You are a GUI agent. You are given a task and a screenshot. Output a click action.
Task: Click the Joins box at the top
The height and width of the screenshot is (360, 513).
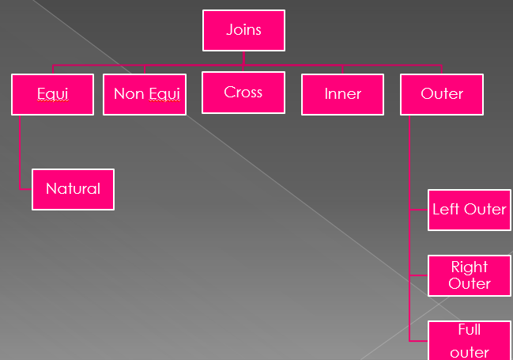click(x=243, y=31)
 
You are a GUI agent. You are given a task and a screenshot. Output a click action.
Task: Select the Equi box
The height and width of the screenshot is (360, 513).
click(x=52, y=94)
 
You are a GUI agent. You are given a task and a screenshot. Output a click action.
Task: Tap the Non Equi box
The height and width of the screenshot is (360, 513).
click(x=145, y=94)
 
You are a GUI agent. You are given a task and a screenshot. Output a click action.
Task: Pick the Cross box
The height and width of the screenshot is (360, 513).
click(x=243, y=93)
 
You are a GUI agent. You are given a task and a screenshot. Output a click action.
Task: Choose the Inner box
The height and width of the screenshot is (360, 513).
click(x=342, y=94)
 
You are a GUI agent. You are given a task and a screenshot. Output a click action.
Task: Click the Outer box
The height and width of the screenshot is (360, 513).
click(x=441, y=94)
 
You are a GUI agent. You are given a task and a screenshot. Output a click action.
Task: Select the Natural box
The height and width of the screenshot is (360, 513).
click(x=73, y=189)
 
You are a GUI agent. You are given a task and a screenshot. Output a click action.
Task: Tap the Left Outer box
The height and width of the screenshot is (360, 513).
click(x=469, y=210)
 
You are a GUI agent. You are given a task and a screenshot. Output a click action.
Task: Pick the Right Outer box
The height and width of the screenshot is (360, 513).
click(x=469, y=275)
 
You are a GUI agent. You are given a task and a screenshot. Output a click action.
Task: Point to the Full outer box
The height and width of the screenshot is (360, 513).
click(x=469, y=341)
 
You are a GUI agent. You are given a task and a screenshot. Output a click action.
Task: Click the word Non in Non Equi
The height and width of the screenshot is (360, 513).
click(x=129, y=94)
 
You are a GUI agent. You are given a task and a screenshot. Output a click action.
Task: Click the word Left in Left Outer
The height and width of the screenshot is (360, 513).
click(x=445, y=210)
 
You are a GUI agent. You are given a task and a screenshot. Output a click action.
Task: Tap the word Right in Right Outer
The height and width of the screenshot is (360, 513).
click(x=469, y=267)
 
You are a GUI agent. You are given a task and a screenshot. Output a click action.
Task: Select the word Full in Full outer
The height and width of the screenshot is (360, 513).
click(x=469, y=330)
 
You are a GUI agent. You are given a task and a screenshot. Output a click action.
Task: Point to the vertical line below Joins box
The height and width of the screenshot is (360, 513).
click(x=243, y=57)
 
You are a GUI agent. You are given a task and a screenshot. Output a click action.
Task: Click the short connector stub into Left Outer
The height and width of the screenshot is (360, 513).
click(x=419, y=210)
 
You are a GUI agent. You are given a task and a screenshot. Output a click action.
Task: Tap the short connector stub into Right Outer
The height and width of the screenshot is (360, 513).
click(x=419, y=275)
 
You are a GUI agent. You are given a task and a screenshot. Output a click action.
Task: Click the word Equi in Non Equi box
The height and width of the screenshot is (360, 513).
click(x=164, y=94)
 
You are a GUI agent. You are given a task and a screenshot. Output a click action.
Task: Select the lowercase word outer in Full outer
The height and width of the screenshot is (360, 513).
click(x=469, y=352)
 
